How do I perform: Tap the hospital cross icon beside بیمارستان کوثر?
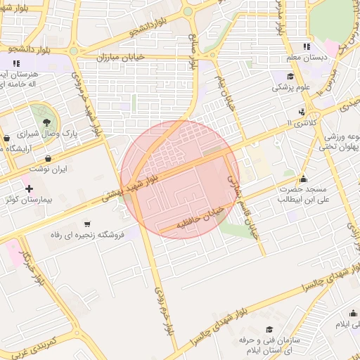pyautogui.click(x=28, y=188)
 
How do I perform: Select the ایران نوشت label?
pyautogui.click(x=49, y=170)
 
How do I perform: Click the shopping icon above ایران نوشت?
pyautogui.click(x=48, y=158)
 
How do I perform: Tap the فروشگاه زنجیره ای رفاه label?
pyautogui.click(x=86, y=235)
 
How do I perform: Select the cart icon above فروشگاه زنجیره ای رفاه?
pyautogui.click(x=86, y=224)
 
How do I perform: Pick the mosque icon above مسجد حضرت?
pyautogui.click(x=303, y=179)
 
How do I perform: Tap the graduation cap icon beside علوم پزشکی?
pyautogui.click(x=290, y=77)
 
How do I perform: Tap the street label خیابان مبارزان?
pyautogui.click(x=143, y=56)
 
